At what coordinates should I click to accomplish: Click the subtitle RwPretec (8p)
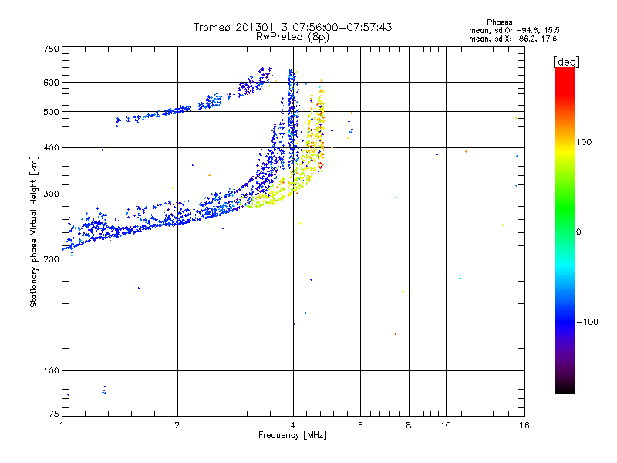point(293,36)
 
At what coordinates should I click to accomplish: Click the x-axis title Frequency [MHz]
point(293,436)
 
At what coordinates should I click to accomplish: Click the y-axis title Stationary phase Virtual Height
point(34,231)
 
